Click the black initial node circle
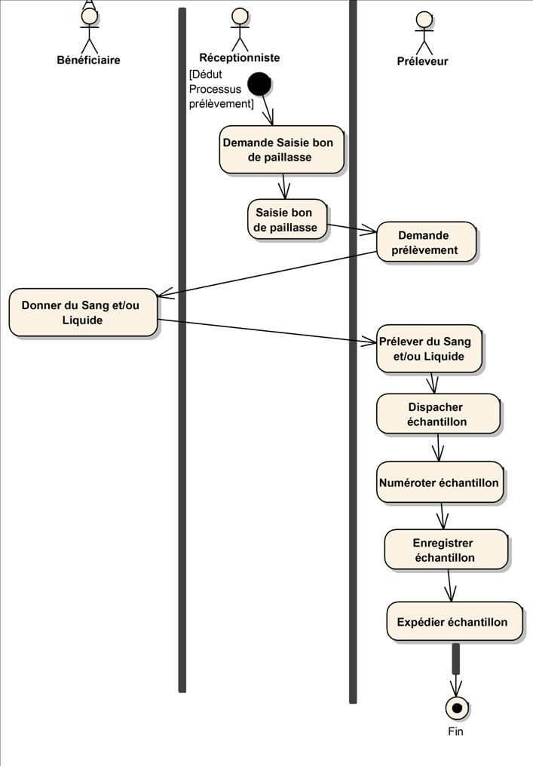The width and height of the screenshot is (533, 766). [x=259, y=84]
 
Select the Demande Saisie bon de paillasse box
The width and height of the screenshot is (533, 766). [x=282, y=149]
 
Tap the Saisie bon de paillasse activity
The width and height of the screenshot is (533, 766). [x=286, y=219]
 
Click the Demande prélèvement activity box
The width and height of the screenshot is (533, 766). [x=427, y=242]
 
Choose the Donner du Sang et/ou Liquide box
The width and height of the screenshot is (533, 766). [x=83, y=312]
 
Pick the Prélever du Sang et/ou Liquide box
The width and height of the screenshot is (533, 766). [x=429, y=348]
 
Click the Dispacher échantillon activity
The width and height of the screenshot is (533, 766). [x=437, y=414]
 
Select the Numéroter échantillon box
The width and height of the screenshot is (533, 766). [x=439, y=482]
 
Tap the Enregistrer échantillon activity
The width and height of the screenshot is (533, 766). [x=444, y=550]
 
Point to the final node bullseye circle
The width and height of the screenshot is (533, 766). [x=456, y=708]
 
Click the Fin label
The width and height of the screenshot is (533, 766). [x=456, y=731]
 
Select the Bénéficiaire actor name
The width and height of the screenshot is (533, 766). [x=88, y=60]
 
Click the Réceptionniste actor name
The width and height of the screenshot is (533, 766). [x=239, y=57]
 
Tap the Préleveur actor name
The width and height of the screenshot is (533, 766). [x=422, y=61]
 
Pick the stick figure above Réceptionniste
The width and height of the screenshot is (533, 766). [x=240, y=29]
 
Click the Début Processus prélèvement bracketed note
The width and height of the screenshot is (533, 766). [x=221, y=89]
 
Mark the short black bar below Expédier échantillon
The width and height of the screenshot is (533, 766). [x=455, y=658]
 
